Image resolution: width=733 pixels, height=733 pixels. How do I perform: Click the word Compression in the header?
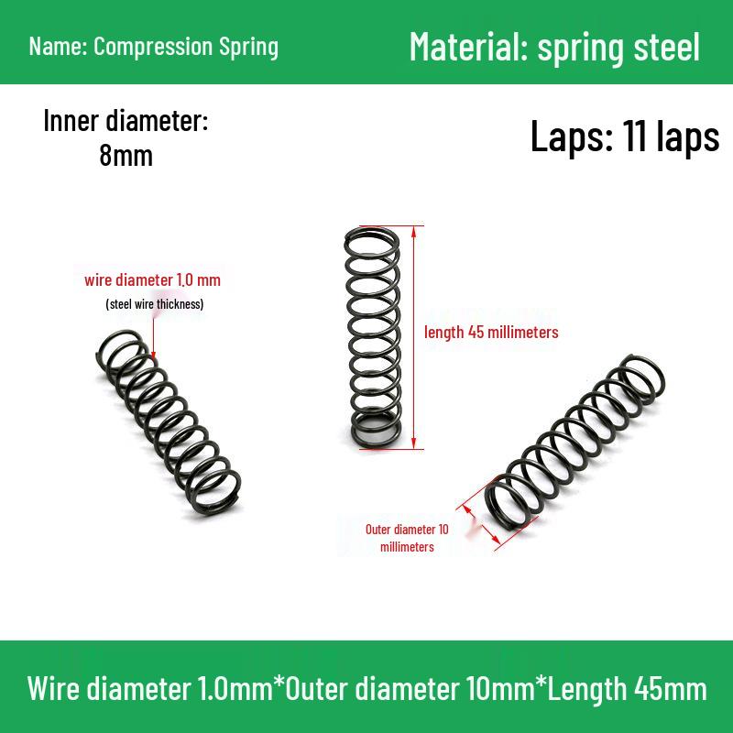point(153,48)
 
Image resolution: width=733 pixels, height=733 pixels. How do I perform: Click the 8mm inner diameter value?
point(126,155)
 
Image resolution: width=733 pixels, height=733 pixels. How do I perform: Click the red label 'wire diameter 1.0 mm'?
point(152,280)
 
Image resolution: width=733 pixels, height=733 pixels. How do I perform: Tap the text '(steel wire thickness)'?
point(155,304)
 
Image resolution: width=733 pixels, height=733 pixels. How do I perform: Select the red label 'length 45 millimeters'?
point(491,333)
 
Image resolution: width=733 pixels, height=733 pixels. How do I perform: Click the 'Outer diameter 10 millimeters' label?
point(407,538)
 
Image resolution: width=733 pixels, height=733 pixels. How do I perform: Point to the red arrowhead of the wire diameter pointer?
point(153,356)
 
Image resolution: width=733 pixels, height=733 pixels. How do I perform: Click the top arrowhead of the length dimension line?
point(413,231)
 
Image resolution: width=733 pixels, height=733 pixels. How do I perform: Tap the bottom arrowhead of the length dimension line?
point(413,443)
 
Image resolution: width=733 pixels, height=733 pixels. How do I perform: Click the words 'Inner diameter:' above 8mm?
point(126,121)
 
